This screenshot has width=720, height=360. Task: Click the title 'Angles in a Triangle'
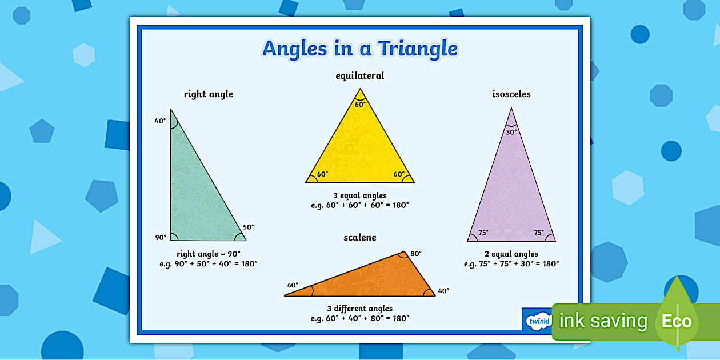[x=359, y=49]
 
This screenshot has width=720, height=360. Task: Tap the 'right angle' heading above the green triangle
[x=208, y=94]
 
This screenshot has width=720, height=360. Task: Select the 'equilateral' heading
[x=359, y=75]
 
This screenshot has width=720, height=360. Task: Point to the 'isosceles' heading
[x=511, y=94]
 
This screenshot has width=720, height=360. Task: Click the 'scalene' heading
[x=359, y=237]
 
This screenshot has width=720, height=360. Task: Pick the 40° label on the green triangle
[x=160, y=121]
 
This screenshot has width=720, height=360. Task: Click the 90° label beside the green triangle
[x=160, y=237]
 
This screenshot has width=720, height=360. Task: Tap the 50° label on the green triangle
[x=248, y=227]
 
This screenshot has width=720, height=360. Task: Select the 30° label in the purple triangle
[x=511, y=132]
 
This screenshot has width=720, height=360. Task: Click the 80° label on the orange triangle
[x=415, y=254]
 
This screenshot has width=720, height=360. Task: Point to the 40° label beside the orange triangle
[x=443, y=291]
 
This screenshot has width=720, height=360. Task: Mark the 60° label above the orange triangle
[x=293, y=285]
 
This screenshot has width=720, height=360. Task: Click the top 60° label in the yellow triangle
[x=359, y=105]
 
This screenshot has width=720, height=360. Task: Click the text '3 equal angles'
[x=359, y=195]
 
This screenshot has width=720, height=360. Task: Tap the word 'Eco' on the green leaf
[x=677, y=321]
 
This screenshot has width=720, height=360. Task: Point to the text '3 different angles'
[x=359, y=309]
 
